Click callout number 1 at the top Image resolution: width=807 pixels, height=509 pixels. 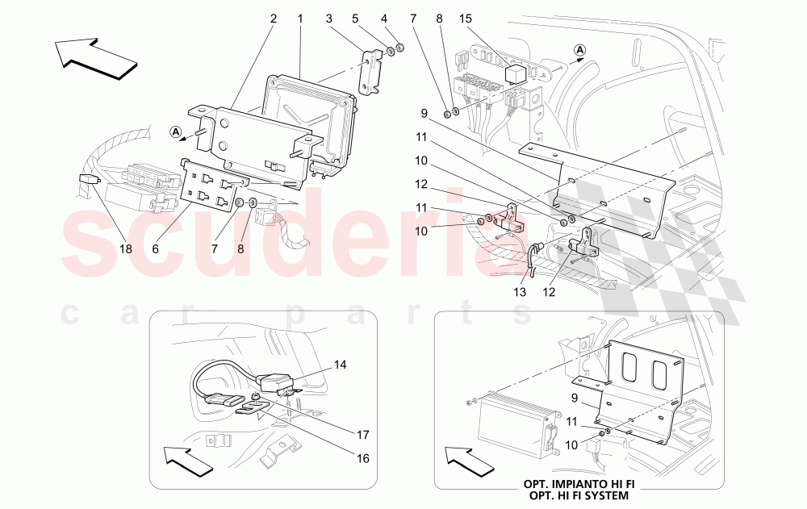[x=300, y=19]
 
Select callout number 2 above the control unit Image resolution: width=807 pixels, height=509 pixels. [x=273, y=19]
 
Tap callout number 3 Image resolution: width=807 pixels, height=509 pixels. [x=329, y=19]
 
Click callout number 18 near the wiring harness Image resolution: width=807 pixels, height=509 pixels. [x=125, y=249]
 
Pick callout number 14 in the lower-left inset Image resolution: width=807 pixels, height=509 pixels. [x=340, y=365]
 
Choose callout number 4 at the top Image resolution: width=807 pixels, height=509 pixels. [x=384, y=19]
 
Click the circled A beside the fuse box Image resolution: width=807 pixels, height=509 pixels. [x=579, y=51]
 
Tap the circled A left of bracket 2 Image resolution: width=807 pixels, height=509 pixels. [x=176, y=131]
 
